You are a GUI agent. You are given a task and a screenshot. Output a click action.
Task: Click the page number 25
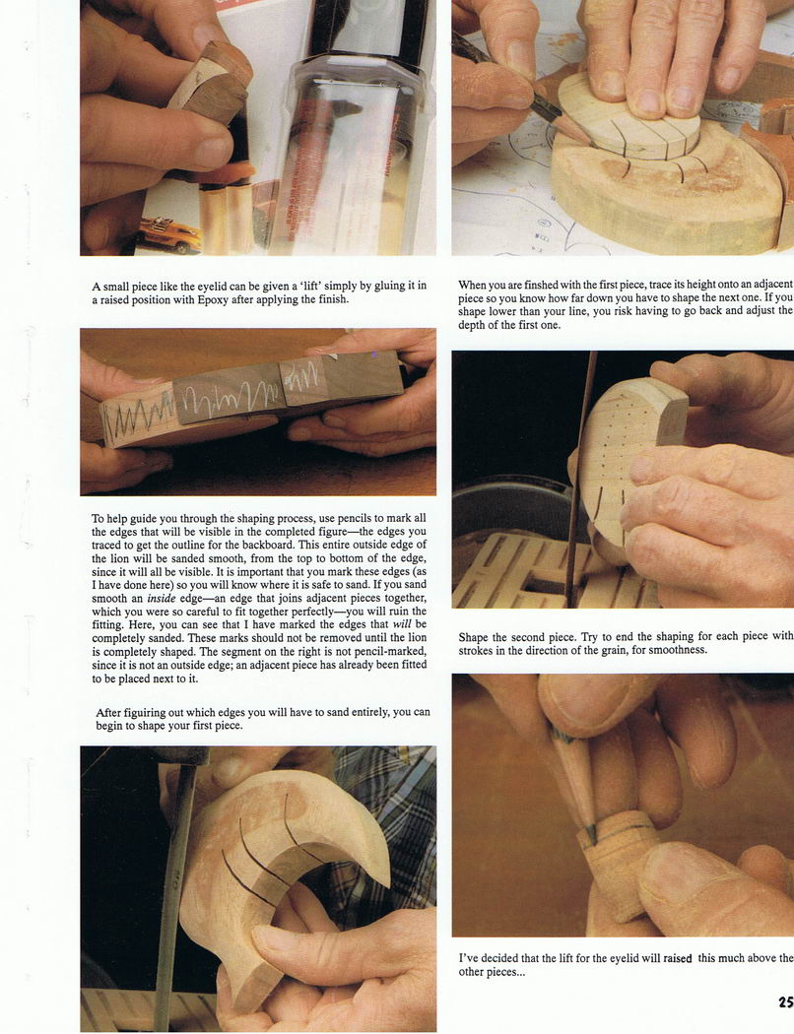point(785,1002)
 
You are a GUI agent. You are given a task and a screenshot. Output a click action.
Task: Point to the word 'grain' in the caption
point(614,650)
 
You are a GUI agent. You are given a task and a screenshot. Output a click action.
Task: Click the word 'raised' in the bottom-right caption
point(678,959)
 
